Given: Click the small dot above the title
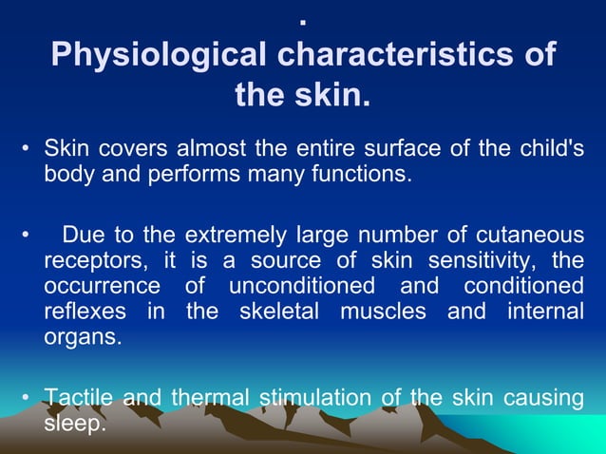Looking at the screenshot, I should tap(303, 20).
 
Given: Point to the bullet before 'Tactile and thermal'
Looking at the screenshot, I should tap(26, 399).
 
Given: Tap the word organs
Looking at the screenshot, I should tap(83, 337).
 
